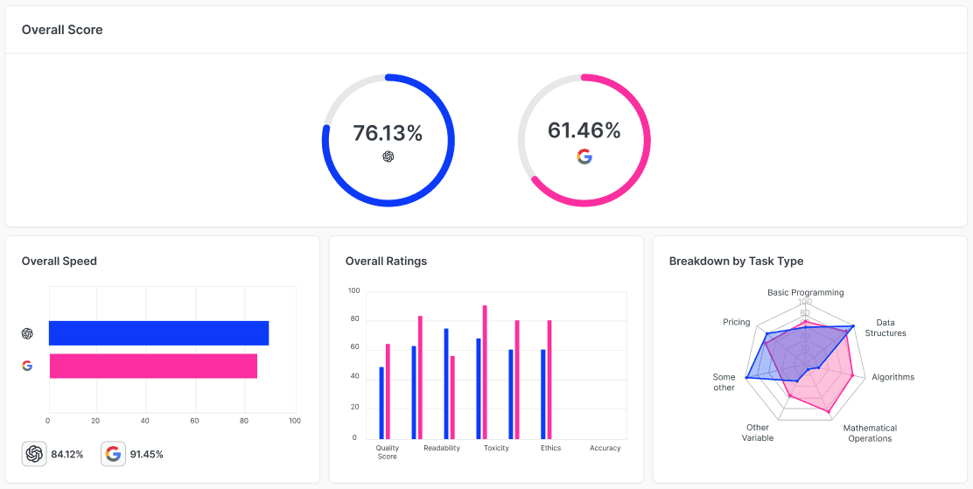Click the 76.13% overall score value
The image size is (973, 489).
[x=388, y=133]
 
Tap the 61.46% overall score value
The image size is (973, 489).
[x=584, y=130]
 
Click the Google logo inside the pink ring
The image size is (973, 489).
[x=584, y=157]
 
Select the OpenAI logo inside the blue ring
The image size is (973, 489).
[x=388, y=157]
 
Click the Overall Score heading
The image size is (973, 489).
[x=62, y=30]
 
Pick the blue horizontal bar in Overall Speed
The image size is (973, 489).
[x=159, y=333]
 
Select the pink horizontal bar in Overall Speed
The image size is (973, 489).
[x=153, y=366]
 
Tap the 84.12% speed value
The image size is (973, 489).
[x=67, y=454]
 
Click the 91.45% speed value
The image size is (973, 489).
[x=147, y=454]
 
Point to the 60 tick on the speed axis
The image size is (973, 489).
[x=195, y=421]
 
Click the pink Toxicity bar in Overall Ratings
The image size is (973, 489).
[x=485, y=372]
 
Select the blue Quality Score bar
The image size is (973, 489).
[x=381, y=402]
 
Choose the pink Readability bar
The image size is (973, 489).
[x=452, y=397]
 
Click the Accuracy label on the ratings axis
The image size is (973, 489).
[x=605, y=448]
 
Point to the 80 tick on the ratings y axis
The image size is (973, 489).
[x=354, y=320]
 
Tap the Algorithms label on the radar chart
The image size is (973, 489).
[x=893, y=377]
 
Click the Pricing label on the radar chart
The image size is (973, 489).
[x=737, y=322]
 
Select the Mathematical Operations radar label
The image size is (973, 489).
[x=870, y=433]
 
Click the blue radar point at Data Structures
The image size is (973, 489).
[x=853, y=326]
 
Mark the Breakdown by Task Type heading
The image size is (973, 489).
[x=737, y=262]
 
